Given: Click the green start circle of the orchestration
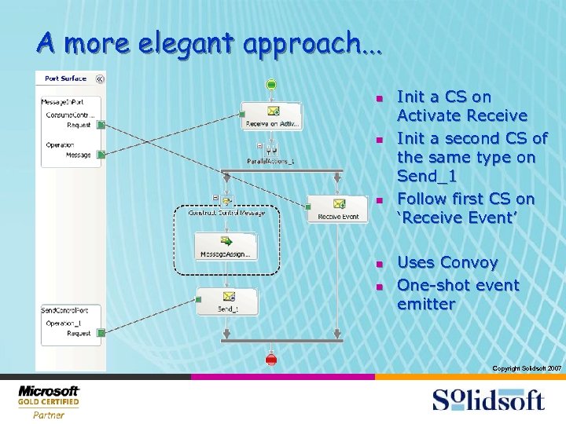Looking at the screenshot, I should pos(271,85).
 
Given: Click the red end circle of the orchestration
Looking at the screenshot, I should pos(271,360).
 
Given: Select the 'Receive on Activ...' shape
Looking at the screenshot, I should pos(271,115).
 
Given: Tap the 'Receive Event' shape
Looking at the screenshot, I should pos(338,209).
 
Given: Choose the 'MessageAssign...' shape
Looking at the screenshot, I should pos(226,246).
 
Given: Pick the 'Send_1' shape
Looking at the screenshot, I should pos(227,302).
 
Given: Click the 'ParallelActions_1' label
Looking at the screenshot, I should pos(272,162).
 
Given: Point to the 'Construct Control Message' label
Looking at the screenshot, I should pos(226,213).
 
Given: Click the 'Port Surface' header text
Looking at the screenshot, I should pos(66,79).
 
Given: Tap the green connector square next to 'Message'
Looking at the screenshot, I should pos(101,155).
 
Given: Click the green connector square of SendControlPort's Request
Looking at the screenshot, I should pos(101,334).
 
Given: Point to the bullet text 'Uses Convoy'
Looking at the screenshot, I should pos(447,262).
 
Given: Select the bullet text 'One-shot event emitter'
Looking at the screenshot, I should pos(458,294).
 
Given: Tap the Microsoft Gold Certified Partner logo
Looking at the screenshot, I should pos(49,401).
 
